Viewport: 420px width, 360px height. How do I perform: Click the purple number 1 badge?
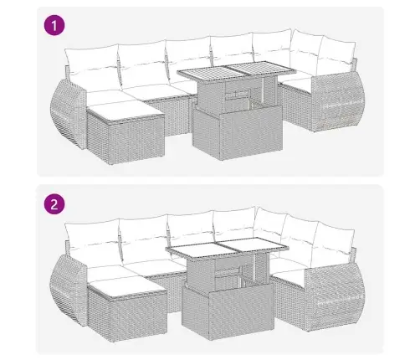54,25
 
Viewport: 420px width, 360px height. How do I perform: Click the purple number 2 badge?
54,203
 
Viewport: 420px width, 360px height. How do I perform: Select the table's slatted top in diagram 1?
235,76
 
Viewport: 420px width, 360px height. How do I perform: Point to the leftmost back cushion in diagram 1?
93,60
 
